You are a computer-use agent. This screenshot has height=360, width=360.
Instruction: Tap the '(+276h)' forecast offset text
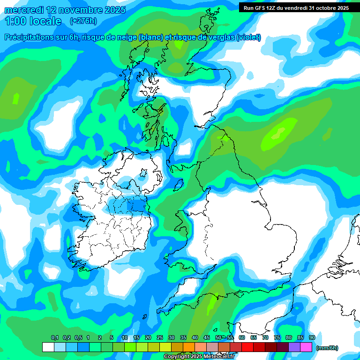83,21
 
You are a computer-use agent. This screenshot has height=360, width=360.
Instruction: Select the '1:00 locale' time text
33,21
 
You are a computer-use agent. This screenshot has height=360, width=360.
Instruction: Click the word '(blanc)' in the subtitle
150,37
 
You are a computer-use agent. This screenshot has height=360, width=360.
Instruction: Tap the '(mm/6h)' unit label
327,348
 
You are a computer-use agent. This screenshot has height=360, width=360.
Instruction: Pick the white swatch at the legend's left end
48,347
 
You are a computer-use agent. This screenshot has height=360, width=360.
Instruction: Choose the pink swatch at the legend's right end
306,347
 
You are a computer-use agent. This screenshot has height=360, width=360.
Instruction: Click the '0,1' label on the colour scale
54,338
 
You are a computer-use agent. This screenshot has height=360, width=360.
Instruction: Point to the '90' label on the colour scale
312,338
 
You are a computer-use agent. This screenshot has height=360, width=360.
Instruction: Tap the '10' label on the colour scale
124,338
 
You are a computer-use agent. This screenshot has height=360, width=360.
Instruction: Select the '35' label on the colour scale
183,338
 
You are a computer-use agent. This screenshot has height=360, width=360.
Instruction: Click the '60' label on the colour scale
242,338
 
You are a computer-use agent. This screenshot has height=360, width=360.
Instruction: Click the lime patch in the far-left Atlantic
16,98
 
